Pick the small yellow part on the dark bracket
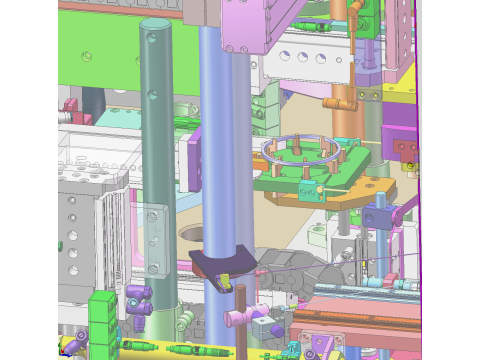point(224,277)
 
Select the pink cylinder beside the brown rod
point(234,319)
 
